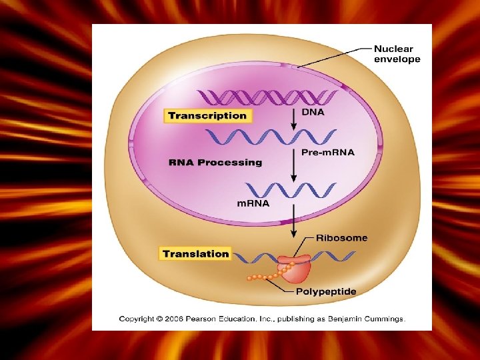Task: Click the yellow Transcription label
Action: pos(207,116)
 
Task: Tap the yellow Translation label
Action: pos(195,253)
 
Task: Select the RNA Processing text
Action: pos(215,162)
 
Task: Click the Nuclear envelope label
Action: pos(397,54)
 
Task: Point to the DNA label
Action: pos(313,112)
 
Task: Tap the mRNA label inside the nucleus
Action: pos(253,203)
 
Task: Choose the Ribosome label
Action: pos(341,237)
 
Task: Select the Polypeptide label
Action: pos(326,291)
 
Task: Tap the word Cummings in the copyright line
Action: pos(382,319)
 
